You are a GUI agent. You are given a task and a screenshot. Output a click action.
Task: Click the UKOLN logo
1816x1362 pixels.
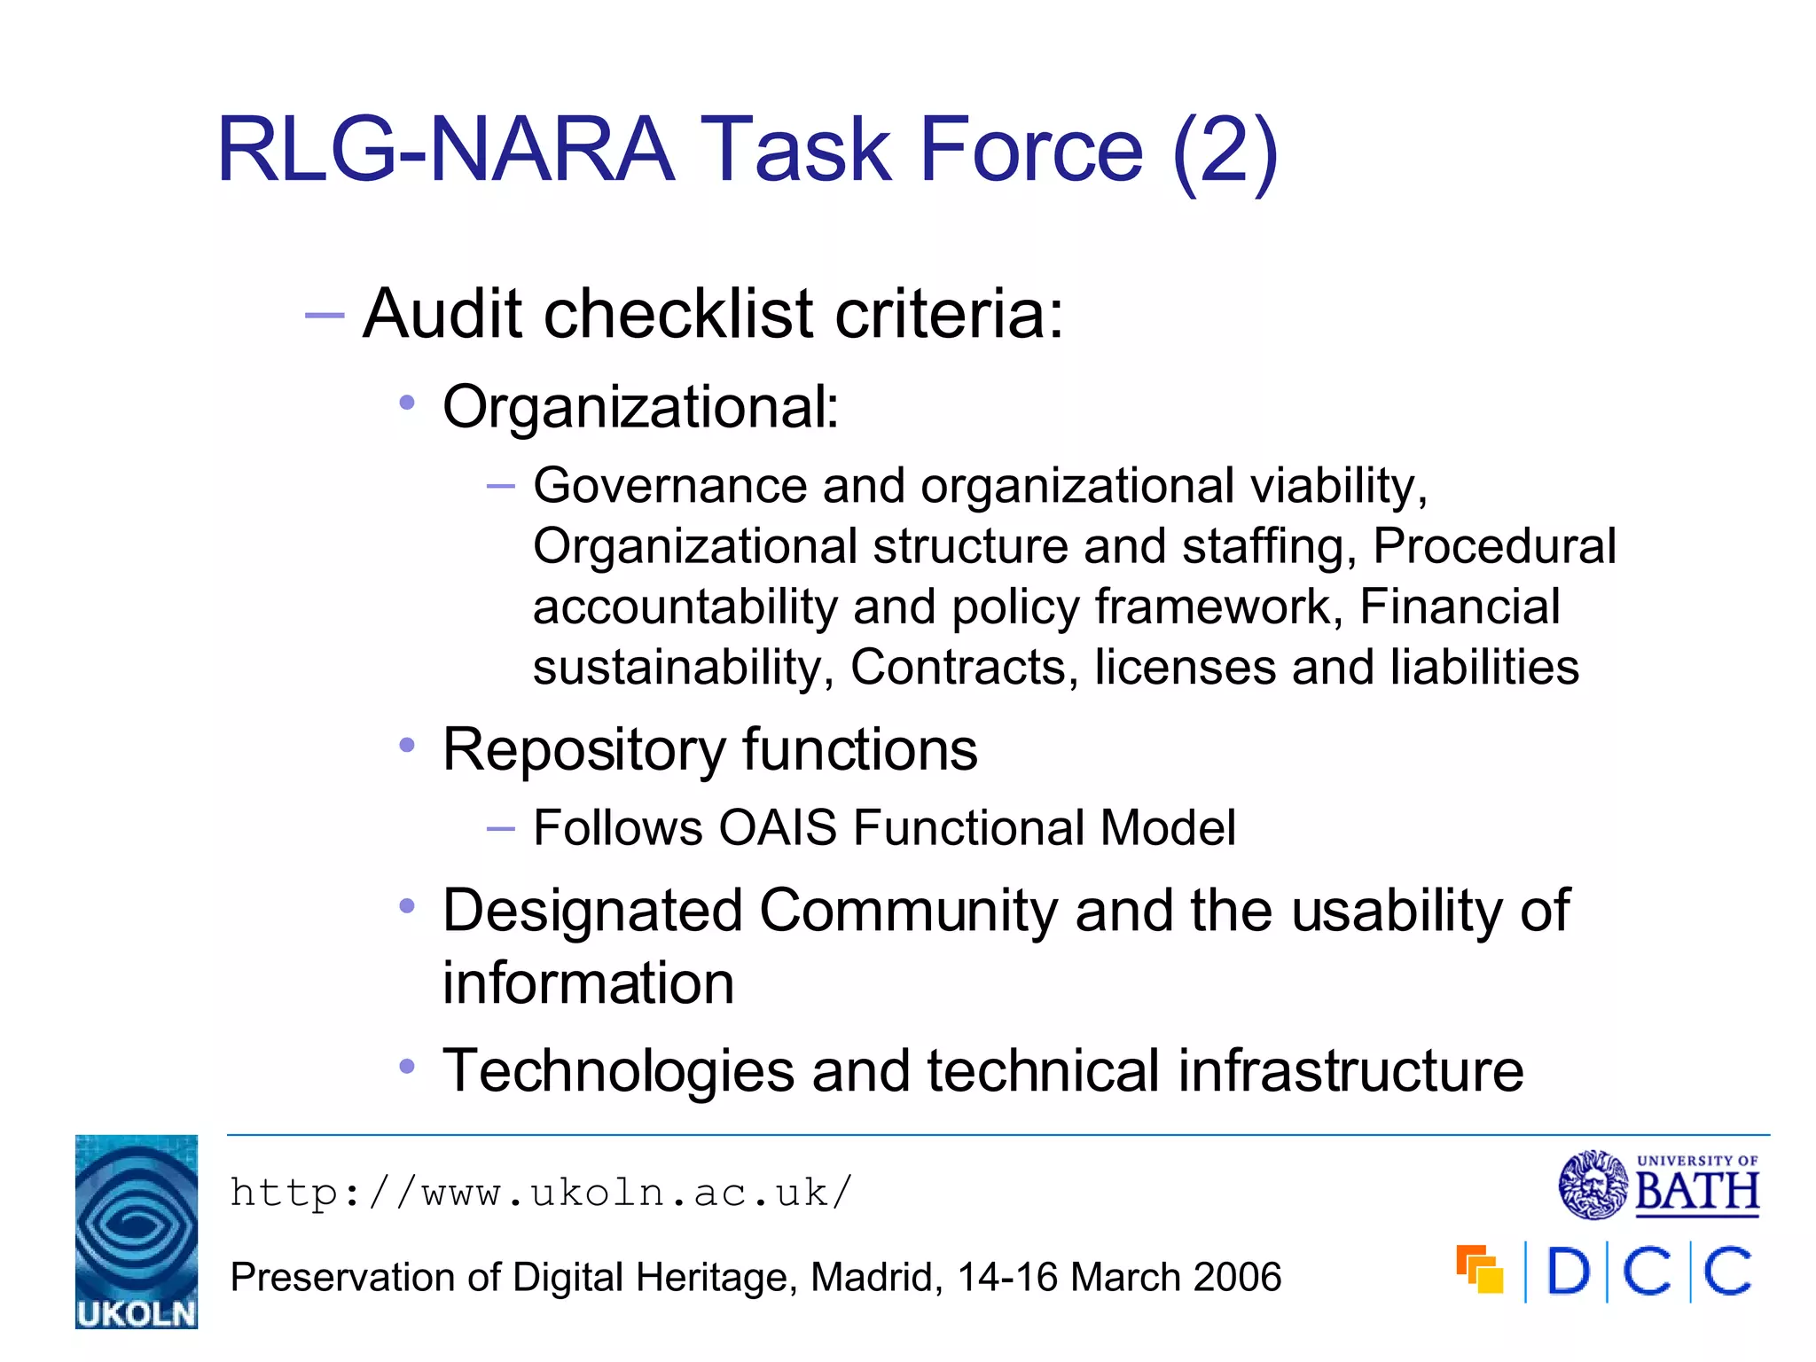(x=136, y=1231)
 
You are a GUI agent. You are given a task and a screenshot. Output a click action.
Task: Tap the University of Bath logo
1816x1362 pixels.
(x=1659, y=1185)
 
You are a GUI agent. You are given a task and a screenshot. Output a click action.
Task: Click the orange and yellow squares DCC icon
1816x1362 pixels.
(x=1479, y=1270)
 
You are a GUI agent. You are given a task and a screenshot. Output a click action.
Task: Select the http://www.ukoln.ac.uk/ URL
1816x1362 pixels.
(x=541, y=1193)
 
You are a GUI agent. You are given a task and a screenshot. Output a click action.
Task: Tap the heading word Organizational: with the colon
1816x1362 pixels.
(x=640, y=407)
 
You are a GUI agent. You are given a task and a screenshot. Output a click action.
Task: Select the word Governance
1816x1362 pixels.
(x=669, y=486)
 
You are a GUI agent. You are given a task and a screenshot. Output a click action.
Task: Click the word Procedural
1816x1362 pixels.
(x=1494, y=546)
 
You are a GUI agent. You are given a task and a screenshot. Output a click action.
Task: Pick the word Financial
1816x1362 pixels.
(x=1460, y=607)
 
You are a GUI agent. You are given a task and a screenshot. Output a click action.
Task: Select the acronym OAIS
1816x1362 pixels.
(x=777, y=828)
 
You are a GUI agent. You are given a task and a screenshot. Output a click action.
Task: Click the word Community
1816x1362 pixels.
(x=909, y=911)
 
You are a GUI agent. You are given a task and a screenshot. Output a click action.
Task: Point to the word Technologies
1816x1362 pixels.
(x=618, y=1070)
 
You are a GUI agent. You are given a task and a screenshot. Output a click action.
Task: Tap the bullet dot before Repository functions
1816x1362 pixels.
(x=407, y=746)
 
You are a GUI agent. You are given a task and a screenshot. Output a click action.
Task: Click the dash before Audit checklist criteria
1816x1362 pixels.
(x=324, y=315)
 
